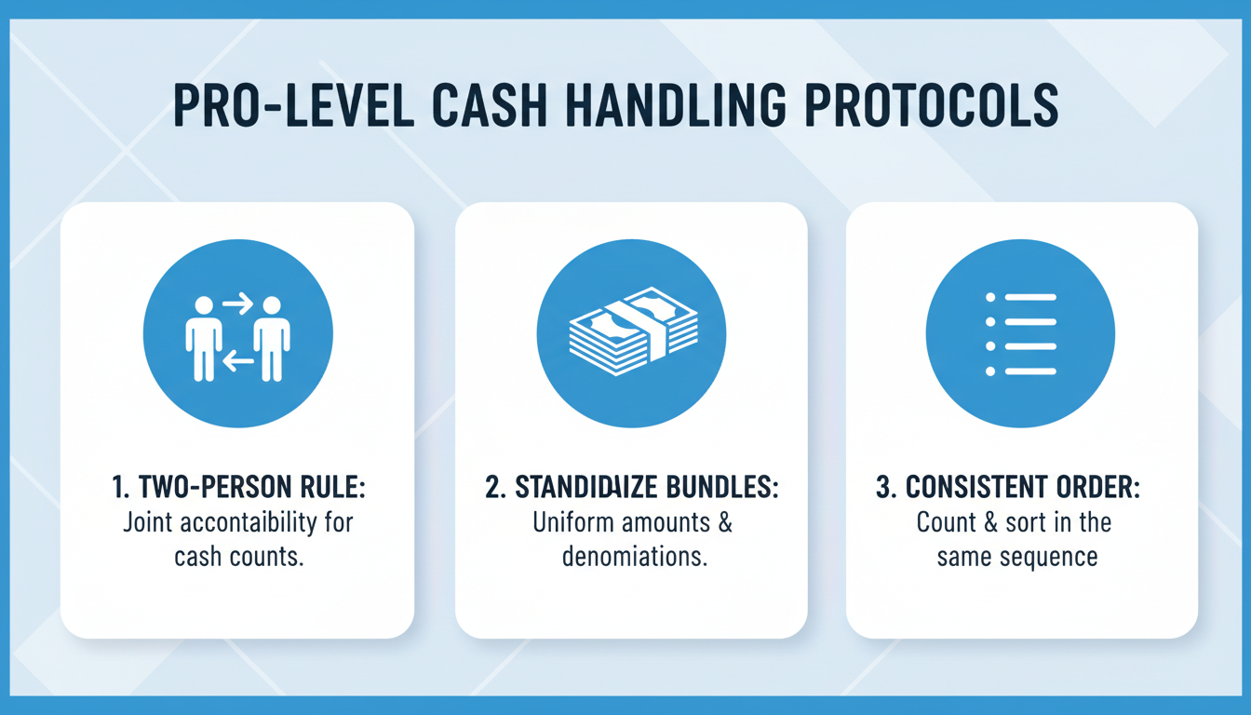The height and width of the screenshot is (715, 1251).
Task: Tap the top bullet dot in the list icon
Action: (x=990, y=297)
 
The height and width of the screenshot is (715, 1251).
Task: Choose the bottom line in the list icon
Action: (x=1030, y=371)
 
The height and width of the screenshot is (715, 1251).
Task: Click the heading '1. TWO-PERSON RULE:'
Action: (x=237, y=488)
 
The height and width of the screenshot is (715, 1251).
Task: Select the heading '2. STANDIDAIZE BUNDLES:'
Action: (x=632, y=488)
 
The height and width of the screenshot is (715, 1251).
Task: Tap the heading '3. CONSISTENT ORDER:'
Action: (x=1021, y=488)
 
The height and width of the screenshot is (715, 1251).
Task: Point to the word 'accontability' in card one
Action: (x=253, y=522)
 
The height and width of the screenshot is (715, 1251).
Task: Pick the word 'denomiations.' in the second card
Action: (x=632, y=557)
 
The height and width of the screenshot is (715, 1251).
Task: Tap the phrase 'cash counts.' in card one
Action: (x=239, y=557)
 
